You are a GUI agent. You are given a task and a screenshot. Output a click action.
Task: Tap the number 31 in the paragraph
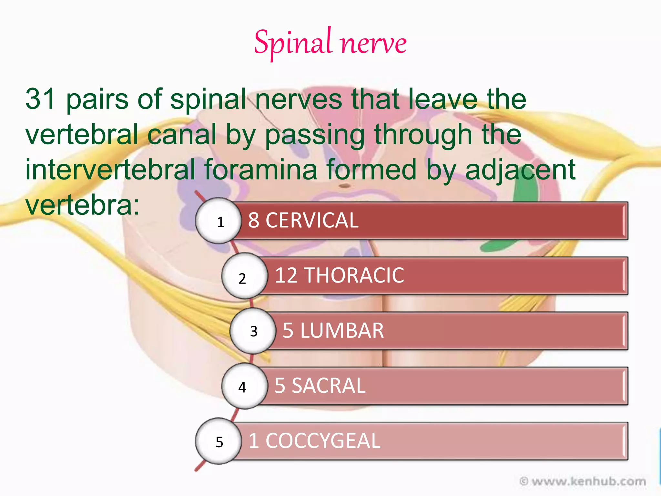[x=40, y=99]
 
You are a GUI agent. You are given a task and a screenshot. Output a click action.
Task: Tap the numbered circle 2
[x=244, y=276]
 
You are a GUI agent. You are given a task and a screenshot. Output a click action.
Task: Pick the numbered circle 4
[x=244, y=386]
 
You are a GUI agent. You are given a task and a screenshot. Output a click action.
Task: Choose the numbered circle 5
[x=219, y=441]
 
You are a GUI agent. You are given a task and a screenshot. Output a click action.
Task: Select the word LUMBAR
[x=342, y=331]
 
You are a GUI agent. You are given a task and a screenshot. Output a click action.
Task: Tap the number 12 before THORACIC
[x=286, y=275]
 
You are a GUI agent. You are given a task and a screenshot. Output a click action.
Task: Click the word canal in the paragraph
[x=182, y=134]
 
